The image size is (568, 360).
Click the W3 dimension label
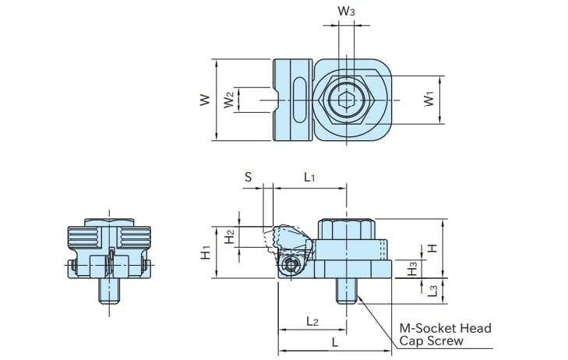point(347,12)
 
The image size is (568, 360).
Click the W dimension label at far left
point(204,100)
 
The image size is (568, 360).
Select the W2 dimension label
point(228,100)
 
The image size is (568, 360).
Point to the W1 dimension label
point(429,100)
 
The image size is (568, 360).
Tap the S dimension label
point(248,177)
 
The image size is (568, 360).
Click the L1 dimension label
point(309,177)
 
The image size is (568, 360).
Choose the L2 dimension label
point(312,320)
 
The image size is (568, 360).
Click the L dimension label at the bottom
point(334,342)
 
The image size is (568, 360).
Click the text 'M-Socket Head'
point(445,328)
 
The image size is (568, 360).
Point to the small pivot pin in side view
point(291,266)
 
